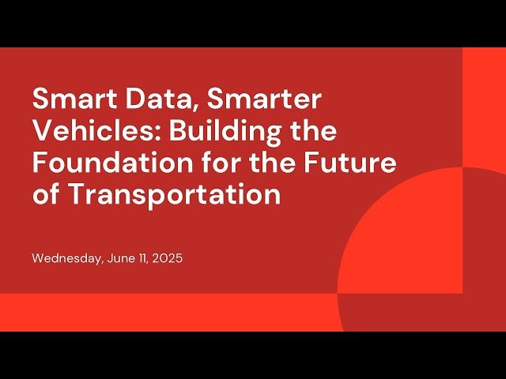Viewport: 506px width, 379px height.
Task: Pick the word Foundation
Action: tap(107, 163)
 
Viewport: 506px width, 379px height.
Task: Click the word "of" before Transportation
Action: tap(46, 194)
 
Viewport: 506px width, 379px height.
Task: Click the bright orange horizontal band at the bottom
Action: tap(158, 313)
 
